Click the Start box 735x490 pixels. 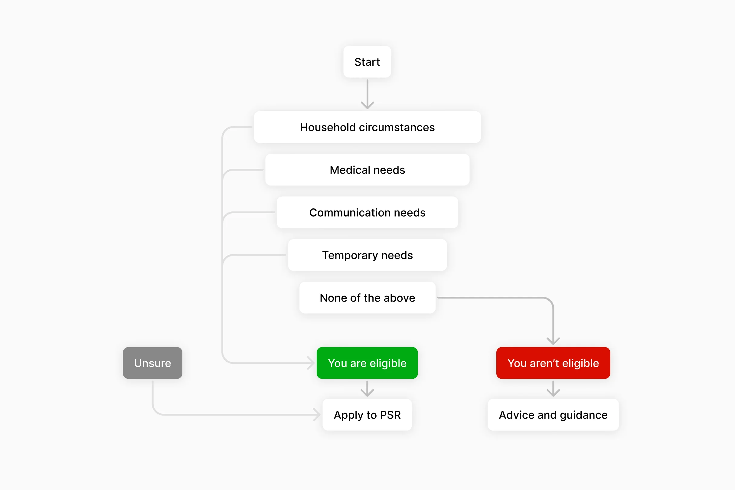[x=367, y=62]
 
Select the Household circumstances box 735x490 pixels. [x=367, y=127]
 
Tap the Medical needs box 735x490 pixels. [x=367, y=170]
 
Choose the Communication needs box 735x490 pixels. [x=367, y=213]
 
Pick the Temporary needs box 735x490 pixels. [x=367, y=255]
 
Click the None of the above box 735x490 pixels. [x=367, y=298]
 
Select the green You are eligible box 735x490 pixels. [x=367, y=363]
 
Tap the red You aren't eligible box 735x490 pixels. [x=553, y=363]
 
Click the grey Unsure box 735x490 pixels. [x=152, y=363]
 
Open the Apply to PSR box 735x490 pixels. [x=367, y=415]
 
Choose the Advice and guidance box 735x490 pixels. [x=553, y=415]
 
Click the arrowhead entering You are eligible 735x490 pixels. [x=311, y=363]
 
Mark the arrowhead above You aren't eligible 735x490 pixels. [x=553, y=341]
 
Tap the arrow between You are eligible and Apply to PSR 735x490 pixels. [x=367, y=389]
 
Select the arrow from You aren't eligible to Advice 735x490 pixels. [x=553, y=389]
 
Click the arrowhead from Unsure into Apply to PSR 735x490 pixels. [x=318, y=415]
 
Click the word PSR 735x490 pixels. [x=390, y=415]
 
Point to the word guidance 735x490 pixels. [x=583, y=415]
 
